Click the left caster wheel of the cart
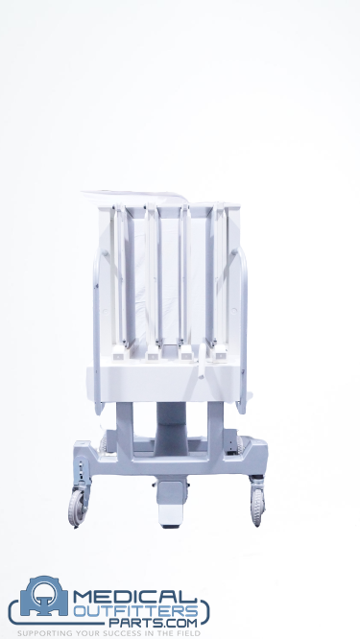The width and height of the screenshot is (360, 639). coord(77,508)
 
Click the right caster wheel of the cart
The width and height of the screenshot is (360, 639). coord(257,507)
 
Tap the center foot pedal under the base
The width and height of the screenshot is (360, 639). coord(171,504)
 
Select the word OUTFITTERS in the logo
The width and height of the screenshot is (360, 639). coord(136,612)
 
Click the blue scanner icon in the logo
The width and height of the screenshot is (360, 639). coord(44,596)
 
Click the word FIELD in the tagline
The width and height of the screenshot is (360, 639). coord(188,633)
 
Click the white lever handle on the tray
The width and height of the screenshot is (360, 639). coord(202,360)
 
